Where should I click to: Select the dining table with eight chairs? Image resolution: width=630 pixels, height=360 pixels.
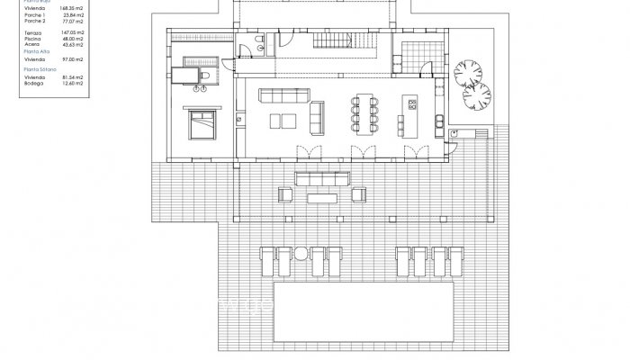366,108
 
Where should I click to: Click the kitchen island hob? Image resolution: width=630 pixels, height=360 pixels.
413,104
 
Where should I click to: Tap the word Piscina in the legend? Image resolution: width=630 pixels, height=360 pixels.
34,38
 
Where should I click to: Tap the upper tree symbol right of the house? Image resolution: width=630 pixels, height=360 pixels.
468,69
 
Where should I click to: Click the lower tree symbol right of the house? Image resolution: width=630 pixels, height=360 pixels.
478,94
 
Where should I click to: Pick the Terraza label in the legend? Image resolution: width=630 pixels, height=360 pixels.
34,32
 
